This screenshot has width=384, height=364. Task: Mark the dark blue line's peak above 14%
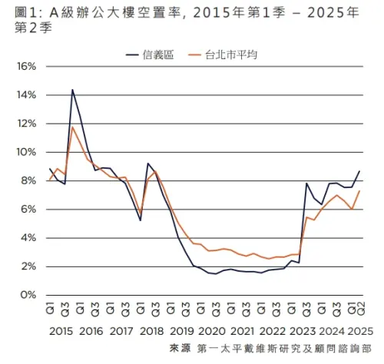[72, 90]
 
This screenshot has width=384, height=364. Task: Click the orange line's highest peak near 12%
[72, 127]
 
